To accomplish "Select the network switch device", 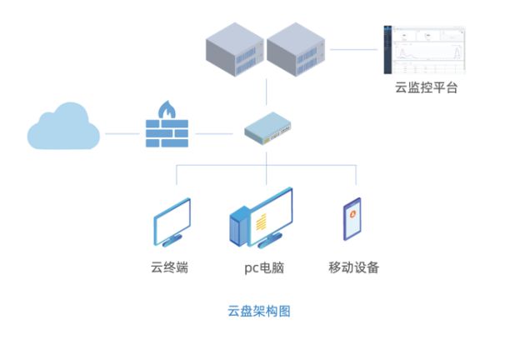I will [x=267, y=129].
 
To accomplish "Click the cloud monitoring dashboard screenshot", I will [x=424, y=51].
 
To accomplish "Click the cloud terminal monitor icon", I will [x=172, y=222].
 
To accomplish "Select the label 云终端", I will [x=169, y=267].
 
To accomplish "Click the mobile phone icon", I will [x=352, y=220].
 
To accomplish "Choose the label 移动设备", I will [x=354, y=267].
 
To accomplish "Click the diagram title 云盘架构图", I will [x=259, y=312].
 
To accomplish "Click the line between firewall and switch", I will [x=214, y=132].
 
